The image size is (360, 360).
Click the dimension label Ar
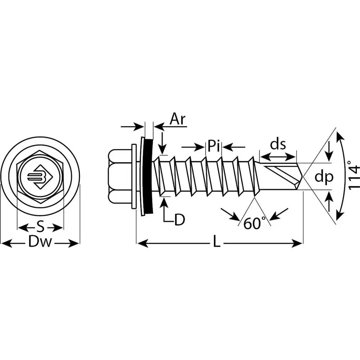[x=177, y=119]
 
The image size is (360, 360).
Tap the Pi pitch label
[x=214, y=146]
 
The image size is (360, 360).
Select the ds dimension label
[x=278, y=144]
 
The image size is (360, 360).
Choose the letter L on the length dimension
[x=216, y=243]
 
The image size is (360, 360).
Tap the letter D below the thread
[x=179, y=220]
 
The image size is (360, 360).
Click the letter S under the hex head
[x=41, y=228]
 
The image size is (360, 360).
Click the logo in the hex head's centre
[x=40, y=177]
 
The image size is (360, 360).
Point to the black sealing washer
[x=147, y=176]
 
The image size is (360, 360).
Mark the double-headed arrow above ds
[x=278, y=157]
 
